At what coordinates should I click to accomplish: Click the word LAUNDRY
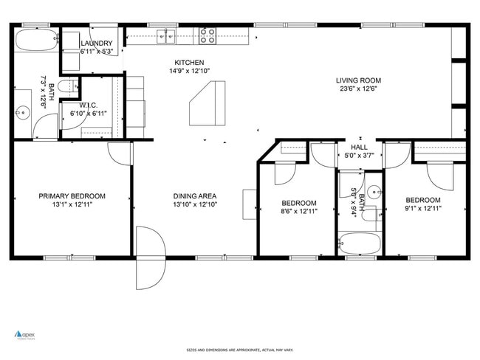pyautogui.click(x=96, y=44)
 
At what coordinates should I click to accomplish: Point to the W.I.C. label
pyautogui.click(x=89, y=105)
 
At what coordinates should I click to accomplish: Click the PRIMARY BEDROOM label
pyautogui.click(x=72, y=196)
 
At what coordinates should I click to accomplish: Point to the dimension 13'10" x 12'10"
pyautogui.click(x=195, y=204)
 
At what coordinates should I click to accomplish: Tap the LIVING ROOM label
pyautogui.click(x=358, y=80)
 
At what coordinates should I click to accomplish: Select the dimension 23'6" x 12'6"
pyautogui.click(x=358, y=89)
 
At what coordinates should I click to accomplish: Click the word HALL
pyautogui.click(x=359, y=148)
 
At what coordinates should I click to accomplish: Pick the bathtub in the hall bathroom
pyautogui.click(x=360, y=243)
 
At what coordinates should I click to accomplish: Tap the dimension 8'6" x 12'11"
pyautogui.click(x=299, y=212)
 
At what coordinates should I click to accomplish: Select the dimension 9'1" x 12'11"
pyautogui.click(x=422, y=209)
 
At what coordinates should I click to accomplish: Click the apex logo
pyautogui.click(x=26, y=334)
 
